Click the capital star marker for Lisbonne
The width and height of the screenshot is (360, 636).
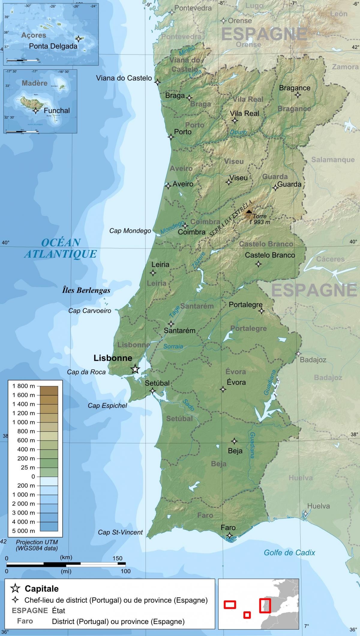135,369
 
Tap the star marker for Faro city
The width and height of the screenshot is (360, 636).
229,535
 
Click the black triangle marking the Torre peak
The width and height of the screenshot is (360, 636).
249,211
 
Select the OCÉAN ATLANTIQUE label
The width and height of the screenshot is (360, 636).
61,248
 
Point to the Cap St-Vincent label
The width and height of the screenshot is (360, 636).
120,532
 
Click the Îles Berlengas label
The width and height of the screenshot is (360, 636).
86,290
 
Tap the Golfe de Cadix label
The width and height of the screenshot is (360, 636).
289,553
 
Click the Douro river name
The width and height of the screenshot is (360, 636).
238,132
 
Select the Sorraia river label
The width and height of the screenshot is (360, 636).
173,346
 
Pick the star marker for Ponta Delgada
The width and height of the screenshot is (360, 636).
79,39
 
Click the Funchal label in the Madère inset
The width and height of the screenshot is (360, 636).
57,110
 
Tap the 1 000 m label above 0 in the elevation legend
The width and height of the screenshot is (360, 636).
24,422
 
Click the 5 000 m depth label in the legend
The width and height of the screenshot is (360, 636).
24,531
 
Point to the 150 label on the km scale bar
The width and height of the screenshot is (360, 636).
118,558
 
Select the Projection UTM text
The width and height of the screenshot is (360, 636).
37,542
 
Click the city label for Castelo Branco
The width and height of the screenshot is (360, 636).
270,255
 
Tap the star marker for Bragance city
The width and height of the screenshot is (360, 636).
298,95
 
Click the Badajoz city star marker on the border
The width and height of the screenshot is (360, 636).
298,354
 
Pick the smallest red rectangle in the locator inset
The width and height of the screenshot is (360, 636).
247,615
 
